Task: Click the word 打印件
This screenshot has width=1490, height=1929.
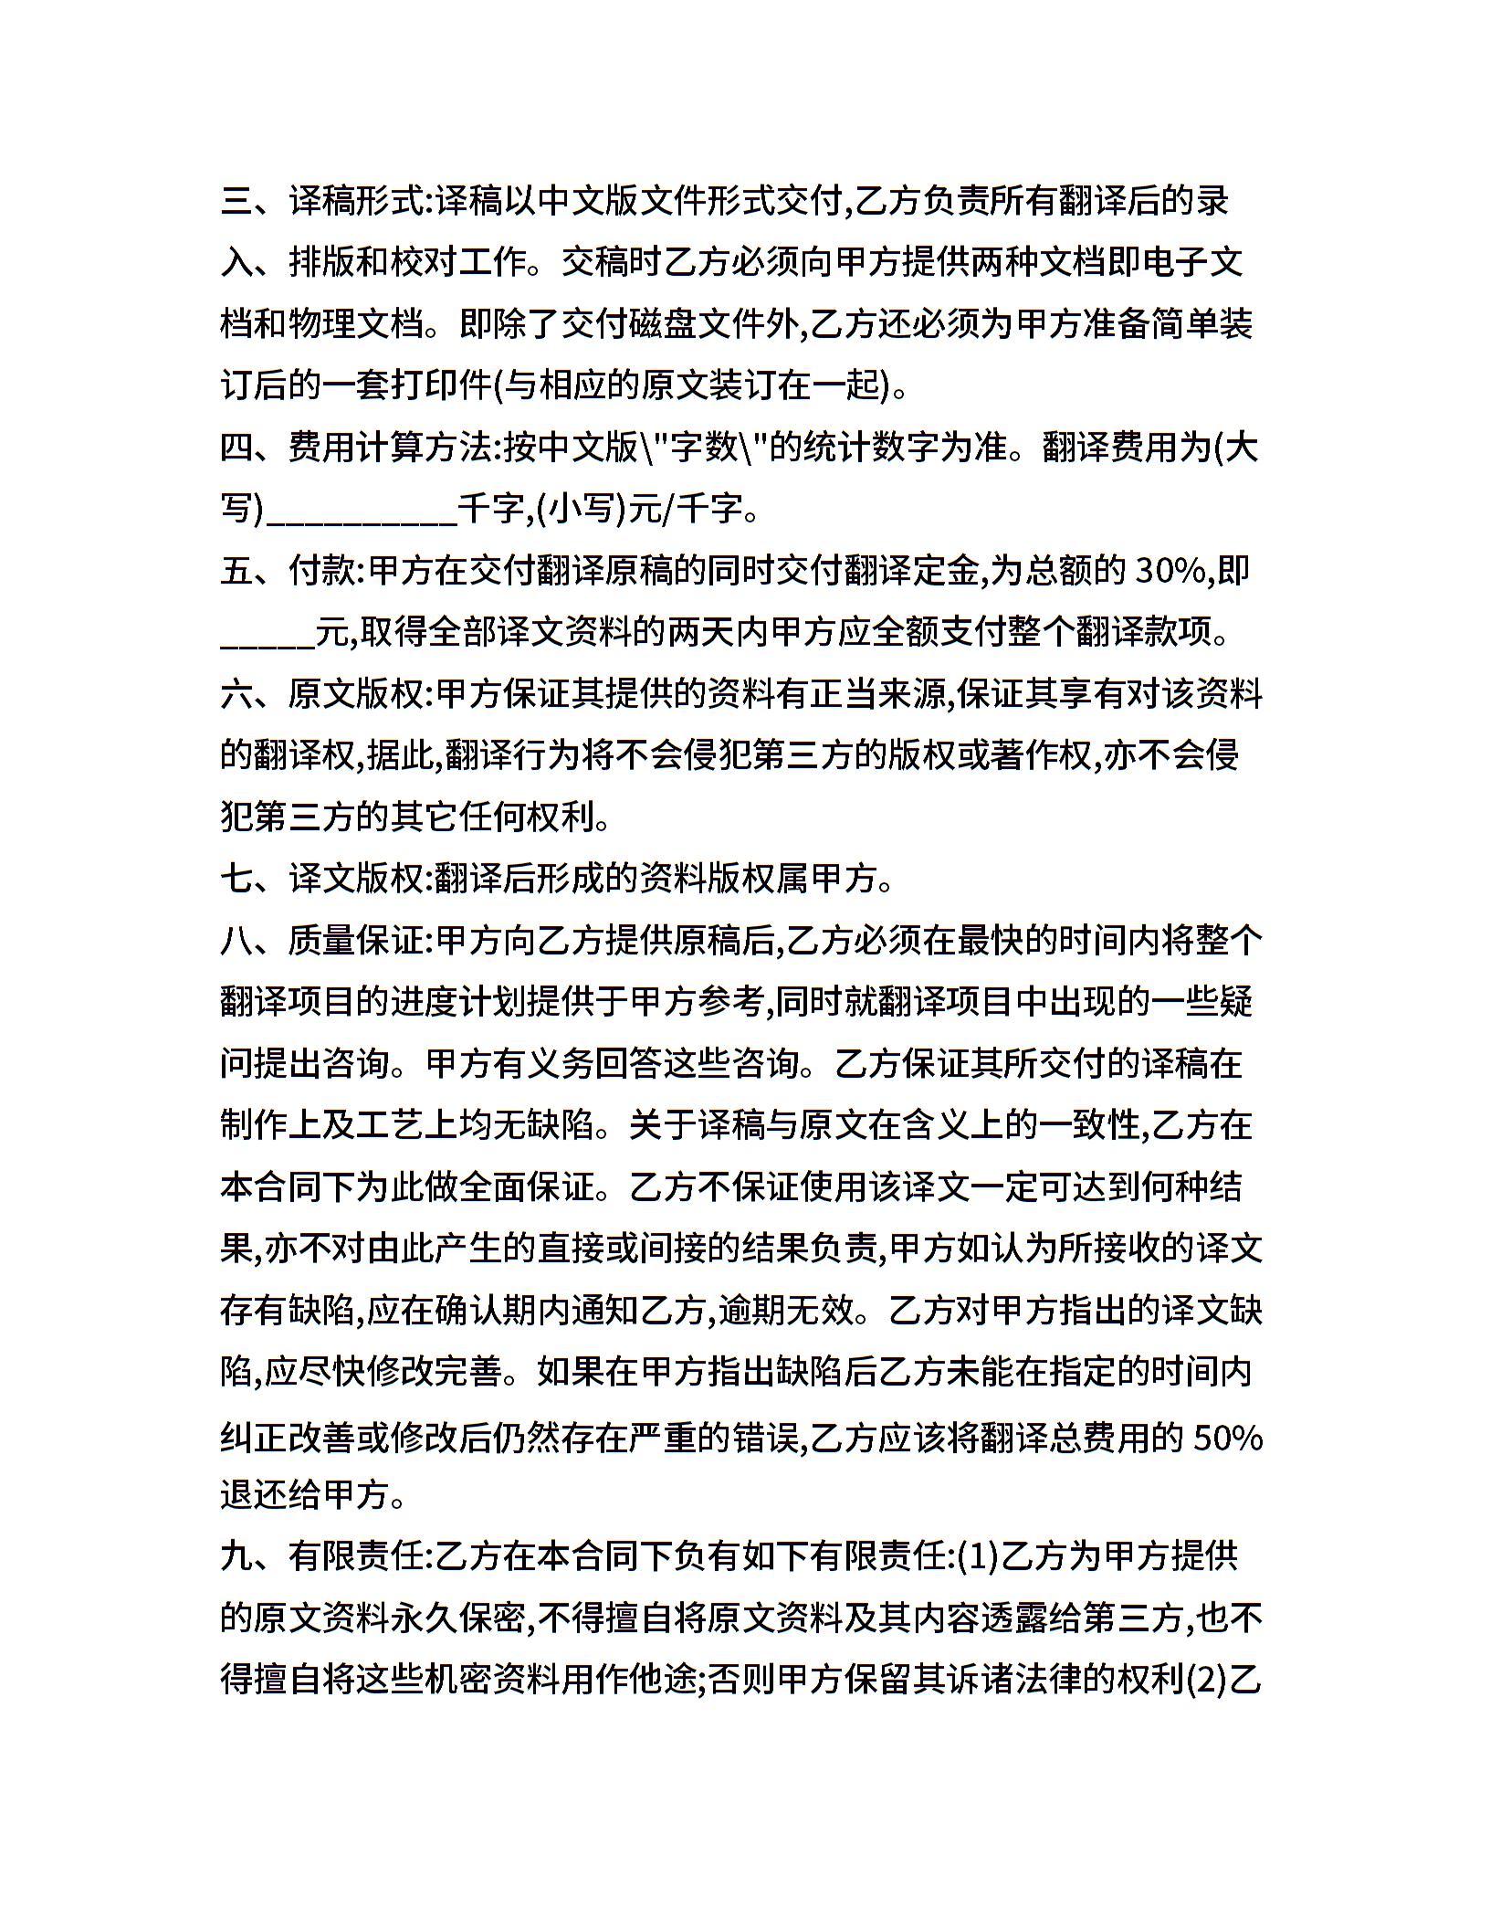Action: [x=443, y=386]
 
